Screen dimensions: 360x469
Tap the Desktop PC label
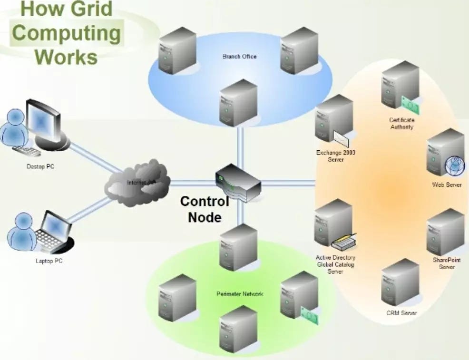[40, 167]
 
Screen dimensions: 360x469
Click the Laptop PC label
[49, 261]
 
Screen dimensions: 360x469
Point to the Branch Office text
[239, 57]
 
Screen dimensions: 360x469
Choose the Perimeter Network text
[240, 294]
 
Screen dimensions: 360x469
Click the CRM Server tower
[400, 282]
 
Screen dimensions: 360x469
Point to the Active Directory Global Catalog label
[335, 264]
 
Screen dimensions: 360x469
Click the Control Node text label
[205, 209]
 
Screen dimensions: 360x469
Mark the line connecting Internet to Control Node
[193, 182]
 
